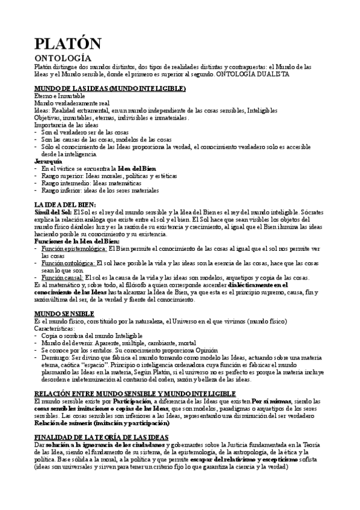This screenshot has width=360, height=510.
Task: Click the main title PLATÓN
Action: pos(67,43)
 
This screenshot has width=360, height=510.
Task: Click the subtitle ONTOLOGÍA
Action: pos(63,58)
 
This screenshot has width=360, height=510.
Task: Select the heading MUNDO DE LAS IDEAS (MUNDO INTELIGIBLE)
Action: pos(110,89)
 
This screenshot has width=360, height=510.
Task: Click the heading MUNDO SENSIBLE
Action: pos(64,314)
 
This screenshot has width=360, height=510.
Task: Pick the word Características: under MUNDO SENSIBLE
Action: pos(57,328)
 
